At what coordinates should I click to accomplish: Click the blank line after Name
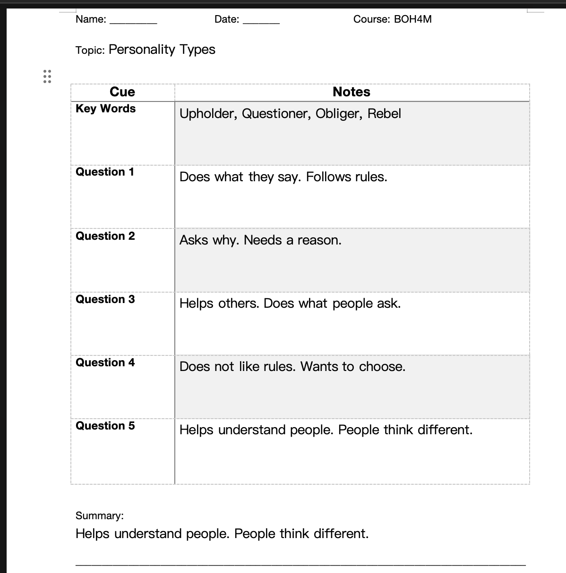(x=133, y=21)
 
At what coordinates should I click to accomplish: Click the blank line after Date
(x=261, y=21)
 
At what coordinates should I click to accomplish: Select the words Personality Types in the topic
(x=162, y=50)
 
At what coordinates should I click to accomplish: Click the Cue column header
(x=122, y=92)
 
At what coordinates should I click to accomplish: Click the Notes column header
(x=351, y=92)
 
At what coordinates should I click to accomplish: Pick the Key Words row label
(x=105, y=109)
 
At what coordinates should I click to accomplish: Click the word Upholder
(x=207, y=114)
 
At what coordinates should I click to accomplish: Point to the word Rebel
(x=384, y=114)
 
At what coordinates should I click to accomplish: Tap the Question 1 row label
(x=105, y=172)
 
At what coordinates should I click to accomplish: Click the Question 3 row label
(x=105, y=299)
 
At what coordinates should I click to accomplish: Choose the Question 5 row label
(x=105, y=426)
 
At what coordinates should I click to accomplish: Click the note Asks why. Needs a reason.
(x=260, y=240)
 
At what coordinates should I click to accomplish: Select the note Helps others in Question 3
(x=219, y=303)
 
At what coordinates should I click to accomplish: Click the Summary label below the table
(x=99, y=515)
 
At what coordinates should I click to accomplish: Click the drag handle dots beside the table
(x=47, y=76)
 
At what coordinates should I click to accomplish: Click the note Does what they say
(x=240, y=177)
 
